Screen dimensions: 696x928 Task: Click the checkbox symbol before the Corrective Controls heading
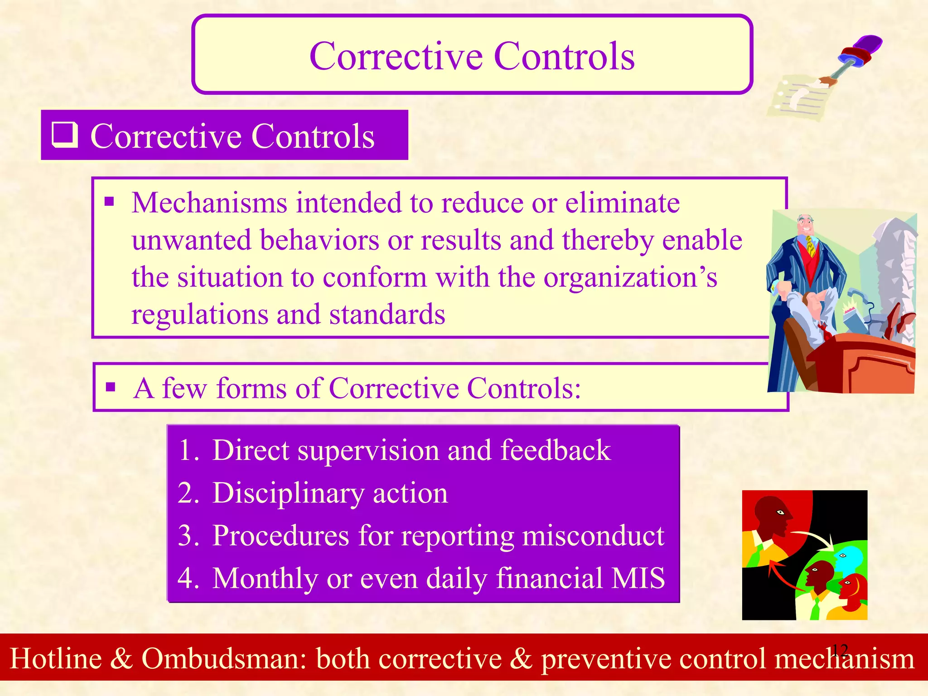pos(64,135)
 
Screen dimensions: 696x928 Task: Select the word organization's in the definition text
pos(630,277)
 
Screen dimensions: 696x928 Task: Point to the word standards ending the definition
pos(387,314)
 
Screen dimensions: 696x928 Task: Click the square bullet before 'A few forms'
pos(111,387)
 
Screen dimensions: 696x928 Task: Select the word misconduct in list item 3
pos(593,536)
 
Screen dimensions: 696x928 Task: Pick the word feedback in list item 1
pos(556,450)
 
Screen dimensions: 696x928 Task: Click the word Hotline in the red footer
pos(56,658)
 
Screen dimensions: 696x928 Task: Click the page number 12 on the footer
pos(840,651)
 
